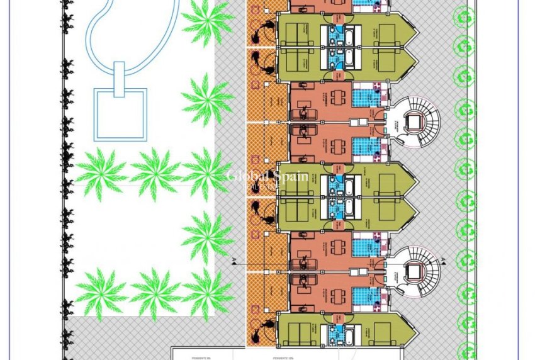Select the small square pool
[120, 115]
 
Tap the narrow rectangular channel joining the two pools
[119, 79]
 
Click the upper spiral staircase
[415, 121]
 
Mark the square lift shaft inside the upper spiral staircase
[414, 121]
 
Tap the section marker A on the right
[444, 259]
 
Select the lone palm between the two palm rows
[208, 234]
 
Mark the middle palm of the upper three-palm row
[155, 171]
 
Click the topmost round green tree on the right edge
[465, 16]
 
